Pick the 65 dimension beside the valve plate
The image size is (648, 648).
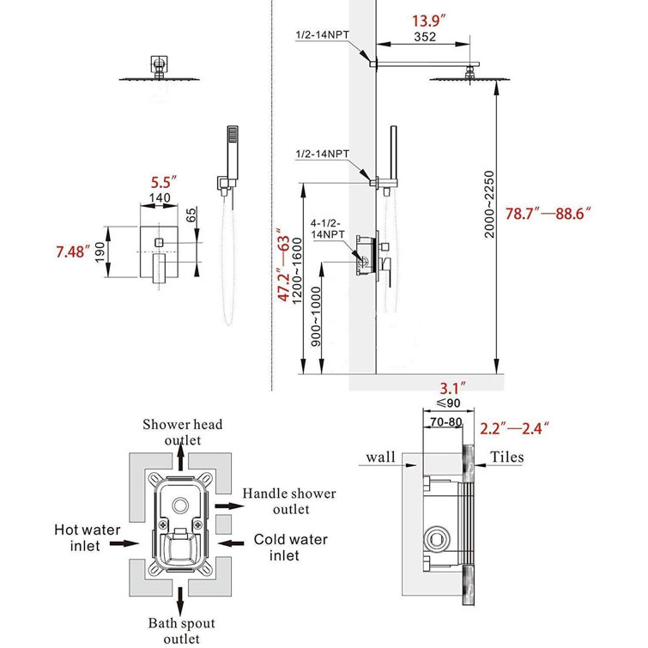[191, 215]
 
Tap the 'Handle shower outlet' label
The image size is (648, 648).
[288, 501]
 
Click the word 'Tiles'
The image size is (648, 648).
[507, 457]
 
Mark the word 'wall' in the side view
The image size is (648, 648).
[380, 457]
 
